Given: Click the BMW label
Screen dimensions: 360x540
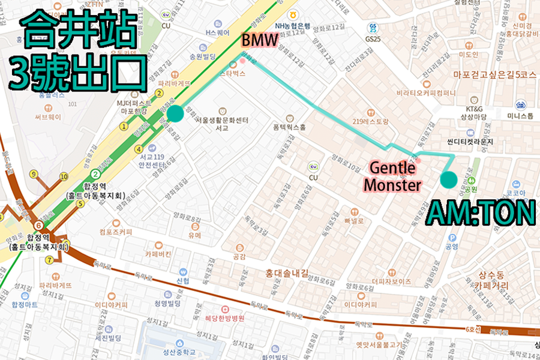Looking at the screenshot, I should [260, 41].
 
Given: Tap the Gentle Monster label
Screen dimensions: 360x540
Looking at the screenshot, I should [394, 176].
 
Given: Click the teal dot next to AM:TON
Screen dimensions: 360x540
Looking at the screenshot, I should [448, 179].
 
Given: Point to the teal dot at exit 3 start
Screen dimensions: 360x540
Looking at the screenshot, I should [175, 113].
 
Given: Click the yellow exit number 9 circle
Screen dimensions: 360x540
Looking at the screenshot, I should [34, 174].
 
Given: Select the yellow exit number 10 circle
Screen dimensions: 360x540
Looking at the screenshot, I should [64, 176].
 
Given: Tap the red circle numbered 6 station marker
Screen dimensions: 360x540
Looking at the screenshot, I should [39, 225].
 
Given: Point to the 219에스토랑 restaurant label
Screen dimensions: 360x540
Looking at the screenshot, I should [372, 121].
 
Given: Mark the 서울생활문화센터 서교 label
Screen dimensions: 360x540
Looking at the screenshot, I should [221, 123].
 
